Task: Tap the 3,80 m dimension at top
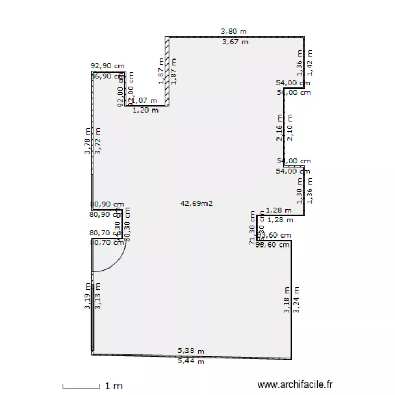coord(234,32)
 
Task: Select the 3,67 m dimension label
coord(235,42)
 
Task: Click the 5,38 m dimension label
coord(191,351)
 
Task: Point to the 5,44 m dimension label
coord(191,361)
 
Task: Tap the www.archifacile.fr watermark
coord(295,386)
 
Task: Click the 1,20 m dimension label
coord(145,111)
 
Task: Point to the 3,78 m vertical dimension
coord(88,141)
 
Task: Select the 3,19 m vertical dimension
coord(88,297)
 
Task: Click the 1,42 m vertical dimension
coord(310,62)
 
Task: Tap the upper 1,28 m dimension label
coord(278,210)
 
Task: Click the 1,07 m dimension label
coord(145,100)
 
